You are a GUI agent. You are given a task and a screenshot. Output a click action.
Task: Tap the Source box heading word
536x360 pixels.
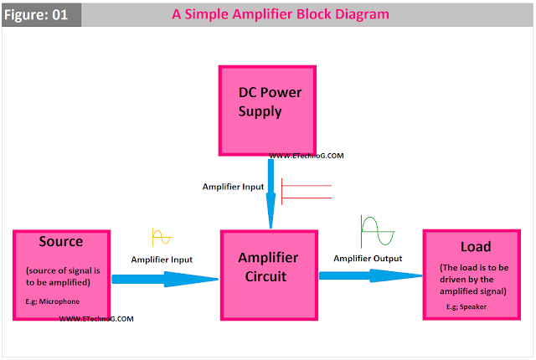point(60,242)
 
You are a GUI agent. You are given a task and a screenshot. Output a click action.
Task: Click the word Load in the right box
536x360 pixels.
point(475,247)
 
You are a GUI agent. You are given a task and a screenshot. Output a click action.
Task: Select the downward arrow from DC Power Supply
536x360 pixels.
point(270,193)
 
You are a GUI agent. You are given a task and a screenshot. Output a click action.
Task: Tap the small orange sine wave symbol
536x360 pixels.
point(161,237)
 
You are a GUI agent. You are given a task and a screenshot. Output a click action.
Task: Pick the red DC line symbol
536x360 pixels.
point(307,192)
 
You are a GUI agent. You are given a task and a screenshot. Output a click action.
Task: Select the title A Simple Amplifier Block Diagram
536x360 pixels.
point(281,15)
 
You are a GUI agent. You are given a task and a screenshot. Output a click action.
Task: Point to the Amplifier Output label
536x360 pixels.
point(368,259)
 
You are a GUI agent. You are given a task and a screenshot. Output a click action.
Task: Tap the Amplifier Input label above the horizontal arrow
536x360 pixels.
point(162,260)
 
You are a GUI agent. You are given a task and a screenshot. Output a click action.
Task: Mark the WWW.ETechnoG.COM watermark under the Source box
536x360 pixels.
point(96,319)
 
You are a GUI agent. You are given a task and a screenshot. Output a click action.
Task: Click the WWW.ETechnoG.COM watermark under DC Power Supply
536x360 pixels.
point(307,157)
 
